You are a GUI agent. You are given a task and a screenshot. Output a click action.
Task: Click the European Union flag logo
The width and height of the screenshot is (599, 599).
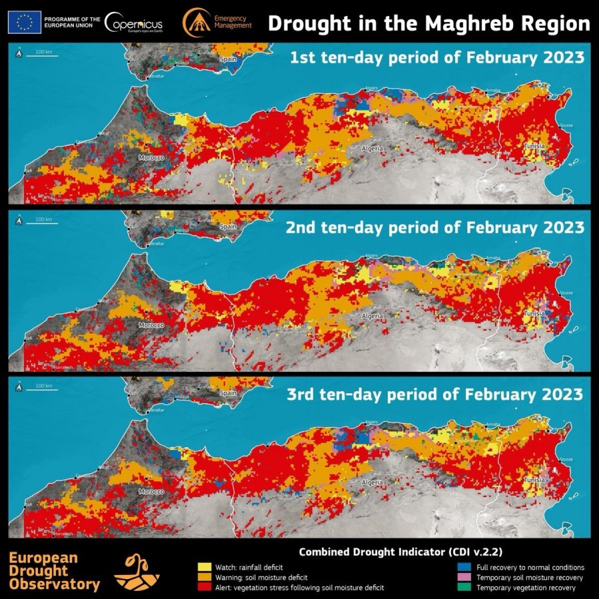click(25, 22)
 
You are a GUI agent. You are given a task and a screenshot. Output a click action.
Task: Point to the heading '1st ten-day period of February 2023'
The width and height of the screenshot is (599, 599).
click(437, 58)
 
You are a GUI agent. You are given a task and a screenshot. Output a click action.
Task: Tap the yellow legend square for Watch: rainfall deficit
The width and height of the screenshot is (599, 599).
click(203, 567)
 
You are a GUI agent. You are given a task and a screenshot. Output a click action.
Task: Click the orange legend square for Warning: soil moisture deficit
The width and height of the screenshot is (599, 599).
click(203, 578)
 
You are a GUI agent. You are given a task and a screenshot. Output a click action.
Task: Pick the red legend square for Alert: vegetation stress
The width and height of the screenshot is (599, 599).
click(203, 588)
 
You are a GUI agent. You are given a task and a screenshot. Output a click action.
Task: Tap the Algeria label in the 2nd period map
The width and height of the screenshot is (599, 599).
click(372, 316)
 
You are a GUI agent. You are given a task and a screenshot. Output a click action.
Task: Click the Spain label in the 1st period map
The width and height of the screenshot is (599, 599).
click(228, 59)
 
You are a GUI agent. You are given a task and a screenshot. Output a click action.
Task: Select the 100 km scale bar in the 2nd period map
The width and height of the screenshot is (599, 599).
click(45, 223)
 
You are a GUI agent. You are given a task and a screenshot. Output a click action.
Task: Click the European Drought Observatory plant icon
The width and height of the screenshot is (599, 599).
click(136, 572)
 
